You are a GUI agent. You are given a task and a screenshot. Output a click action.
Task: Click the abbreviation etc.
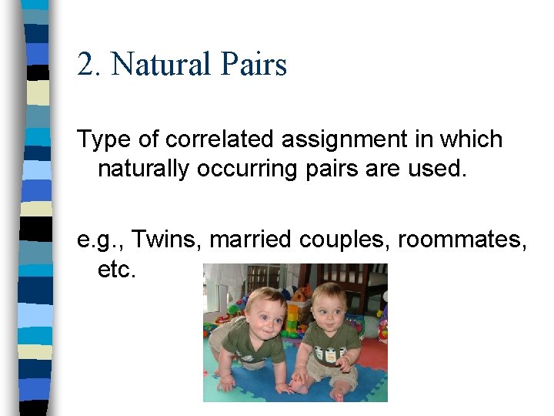[x=117, y=270]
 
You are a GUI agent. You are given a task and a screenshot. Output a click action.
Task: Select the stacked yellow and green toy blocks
[x=292, y=316]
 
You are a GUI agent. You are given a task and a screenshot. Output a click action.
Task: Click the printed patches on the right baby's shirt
[x=333, y=356]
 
